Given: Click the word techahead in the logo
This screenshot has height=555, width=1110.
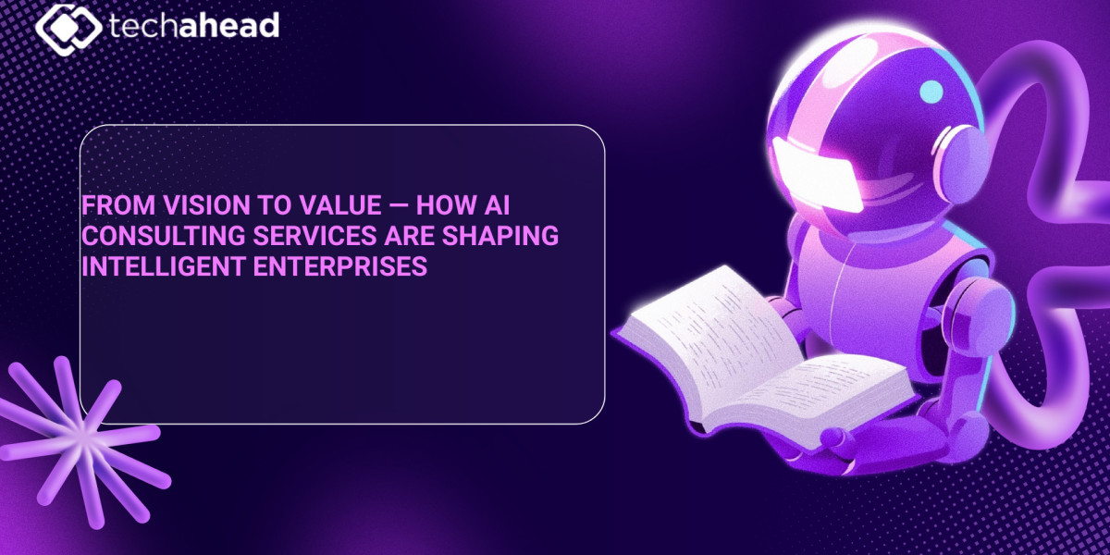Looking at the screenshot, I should click(193, 25).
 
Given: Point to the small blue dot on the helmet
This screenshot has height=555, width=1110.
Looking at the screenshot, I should click(932, 91).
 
